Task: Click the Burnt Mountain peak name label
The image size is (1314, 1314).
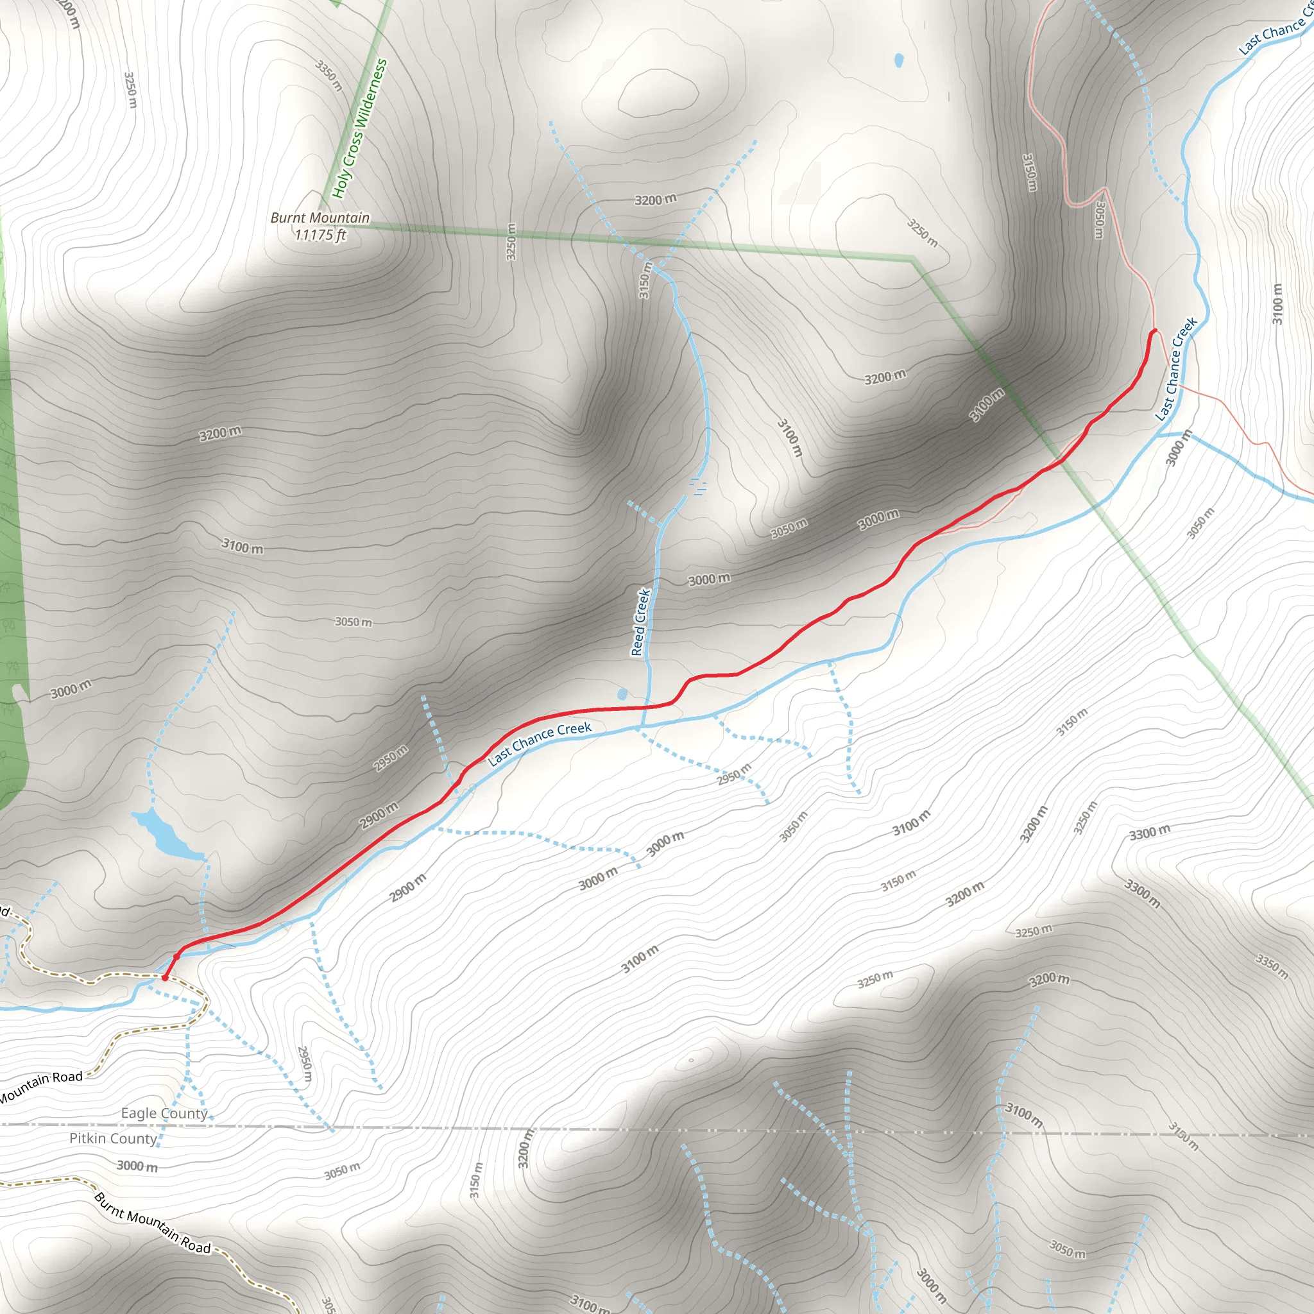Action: (320, 218)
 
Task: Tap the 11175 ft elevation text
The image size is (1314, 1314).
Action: (320, 235)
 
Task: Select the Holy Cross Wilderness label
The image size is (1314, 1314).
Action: (359, 129)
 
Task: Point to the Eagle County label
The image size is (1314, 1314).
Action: (164, 1113)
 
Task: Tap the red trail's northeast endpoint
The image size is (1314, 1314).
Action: (1154, 331)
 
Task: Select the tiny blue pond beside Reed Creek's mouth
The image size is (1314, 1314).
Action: (622, 694)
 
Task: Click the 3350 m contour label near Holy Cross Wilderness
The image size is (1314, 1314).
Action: (329, 75)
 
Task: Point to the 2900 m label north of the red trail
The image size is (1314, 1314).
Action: (379, 815)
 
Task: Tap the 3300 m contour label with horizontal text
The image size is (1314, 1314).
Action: (1150, 832)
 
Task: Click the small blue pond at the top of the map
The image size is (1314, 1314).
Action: (898, 60)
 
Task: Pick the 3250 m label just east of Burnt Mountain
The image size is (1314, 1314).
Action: (511, 241)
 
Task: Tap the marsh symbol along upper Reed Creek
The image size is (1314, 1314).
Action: (698, 486)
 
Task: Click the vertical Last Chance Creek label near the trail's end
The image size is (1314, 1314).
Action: (1176, 369)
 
